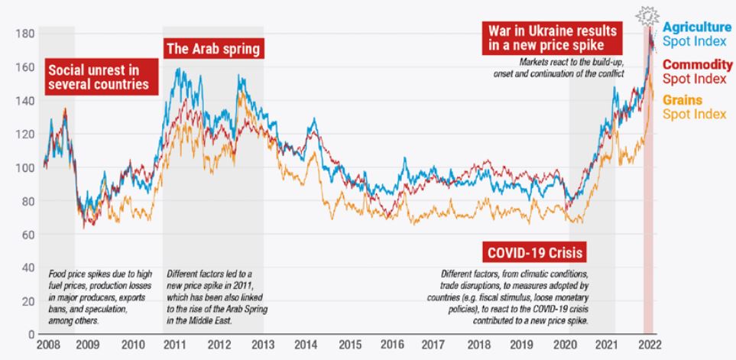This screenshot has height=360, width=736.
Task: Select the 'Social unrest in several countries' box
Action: (x=99, y=77)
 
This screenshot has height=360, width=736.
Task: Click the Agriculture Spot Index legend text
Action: (x=702, y=33)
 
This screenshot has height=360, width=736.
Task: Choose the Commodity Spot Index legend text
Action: (x=702, y=73)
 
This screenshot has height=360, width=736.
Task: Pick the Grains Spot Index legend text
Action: (x=702, y=107)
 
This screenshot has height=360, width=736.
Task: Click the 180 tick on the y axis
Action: (x=25, y=34)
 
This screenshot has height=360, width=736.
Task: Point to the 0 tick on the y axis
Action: (x=31, y=334)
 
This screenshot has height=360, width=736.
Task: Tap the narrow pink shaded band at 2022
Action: (x=649, y=229)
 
